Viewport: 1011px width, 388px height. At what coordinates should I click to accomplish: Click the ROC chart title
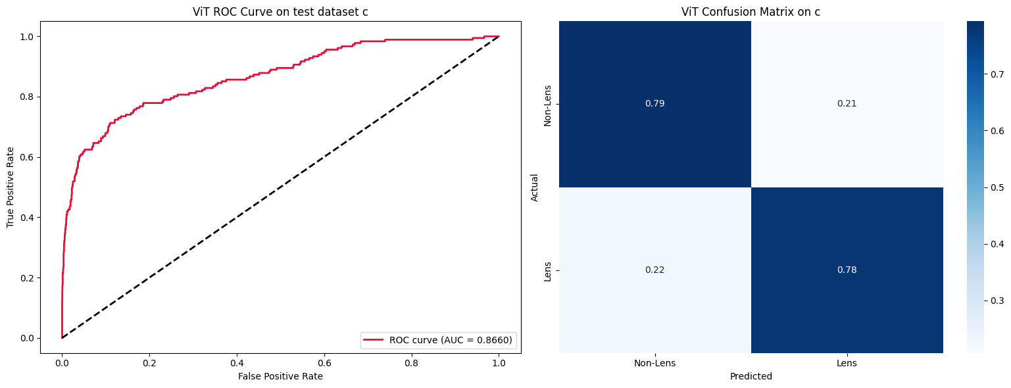[x=280, y=11]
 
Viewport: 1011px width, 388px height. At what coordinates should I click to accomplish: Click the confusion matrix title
[x=751, y=11]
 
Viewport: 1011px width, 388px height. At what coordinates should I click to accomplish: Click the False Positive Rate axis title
[x=280, y=376]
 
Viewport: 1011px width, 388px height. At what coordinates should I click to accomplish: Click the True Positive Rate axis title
[x=11, y=187]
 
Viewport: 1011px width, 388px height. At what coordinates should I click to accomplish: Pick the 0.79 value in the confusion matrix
[x=654, y=104]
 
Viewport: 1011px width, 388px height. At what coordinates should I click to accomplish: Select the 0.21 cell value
[x=847, y=104]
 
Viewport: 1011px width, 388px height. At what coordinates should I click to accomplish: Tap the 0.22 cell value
[x=654, y=270]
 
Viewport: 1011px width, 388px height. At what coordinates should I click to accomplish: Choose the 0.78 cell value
[x=847, y=270]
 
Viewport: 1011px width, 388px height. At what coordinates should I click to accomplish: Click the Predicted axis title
[x=751, y=377]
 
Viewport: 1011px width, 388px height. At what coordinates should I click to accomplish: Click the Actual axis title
[x=534, y=187]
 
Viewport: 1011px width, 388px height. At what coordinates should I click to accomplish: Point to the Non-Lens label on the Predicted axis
[x=654, y=363]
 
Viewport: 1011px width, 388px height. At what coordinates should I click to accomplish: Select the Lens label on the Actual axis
[x=547, y=270]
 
